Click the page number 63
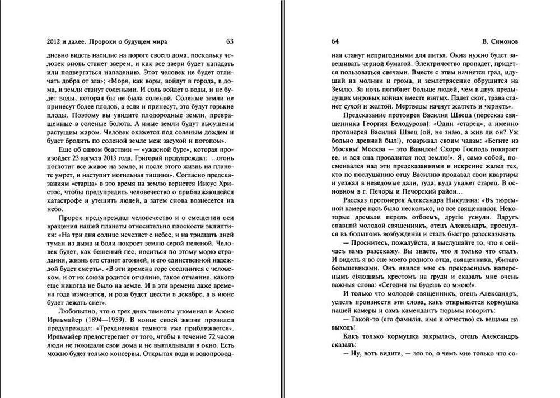tap(230, 41)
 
